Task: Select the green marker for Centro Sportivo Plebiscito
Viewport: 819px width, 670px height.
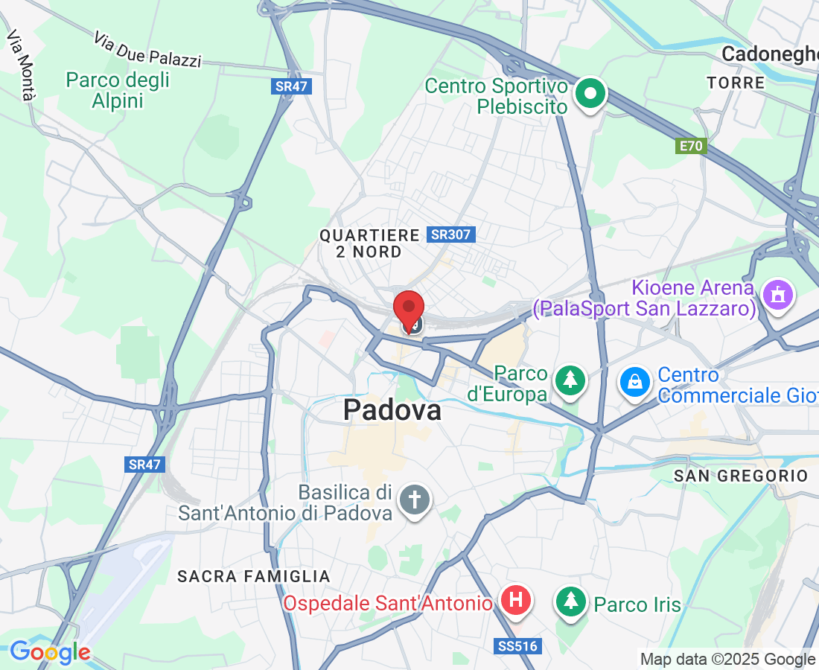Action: click(x=591, y=94)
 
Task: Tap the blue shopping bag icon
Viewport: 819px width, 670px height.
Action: click(x=635, y=383)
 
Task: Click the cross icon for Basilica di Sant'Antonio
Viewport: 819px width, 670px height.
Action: click(x=414, y=500)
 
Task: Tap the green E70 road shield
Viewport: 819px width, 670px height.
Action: click(x=691, y=146)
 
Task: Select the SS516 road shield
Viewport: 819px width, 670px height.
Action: click(x=516, y=646)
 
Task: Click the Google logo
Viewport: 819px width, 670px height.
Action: click(x=50, y=653)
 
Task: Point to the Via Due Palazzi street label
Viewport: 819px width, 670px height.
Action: click(x=147, y=50)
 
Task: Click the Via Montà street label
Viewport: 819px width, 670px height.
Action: click(x=21, y=65)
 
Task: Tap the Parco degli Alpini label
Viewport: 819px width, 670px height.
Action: click(x=118, y=90)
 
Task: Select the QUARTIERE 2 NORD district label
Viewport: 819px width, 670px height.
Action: click(x=370, y=243)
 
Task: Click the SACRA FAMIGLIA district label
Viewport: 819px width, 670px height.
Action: click(x=254, y=576)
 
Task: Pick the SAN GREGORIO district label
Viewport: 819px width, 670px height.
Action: click(x=740, y=475)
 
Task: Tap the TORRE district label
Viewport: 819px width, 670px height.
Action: click(x=736, y=83)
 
